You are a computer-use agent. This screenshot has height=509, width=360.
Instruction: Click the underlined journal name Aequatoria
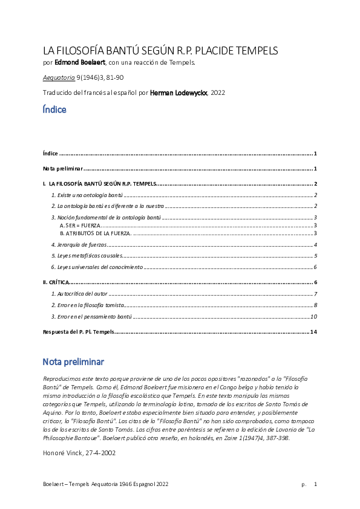click(x=59, y=77)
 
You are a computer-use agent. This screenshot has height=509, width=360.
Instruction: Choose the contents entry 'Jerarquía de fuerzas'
click(x=79, y=245)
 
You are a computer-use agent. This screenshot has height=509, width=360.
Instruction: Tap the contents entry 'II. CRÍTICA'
click(x=56, y=282)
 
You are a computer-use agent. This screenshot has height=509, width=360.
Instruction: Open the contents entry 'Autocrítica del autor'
click(x=80, y=294)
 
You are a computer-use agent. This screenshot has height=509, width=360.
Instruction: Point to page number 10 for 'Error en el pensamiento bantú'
click(x=313, y=316)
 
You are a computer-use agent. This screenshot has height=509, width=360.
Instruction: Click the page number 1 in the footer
click(x=315, y=484)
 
